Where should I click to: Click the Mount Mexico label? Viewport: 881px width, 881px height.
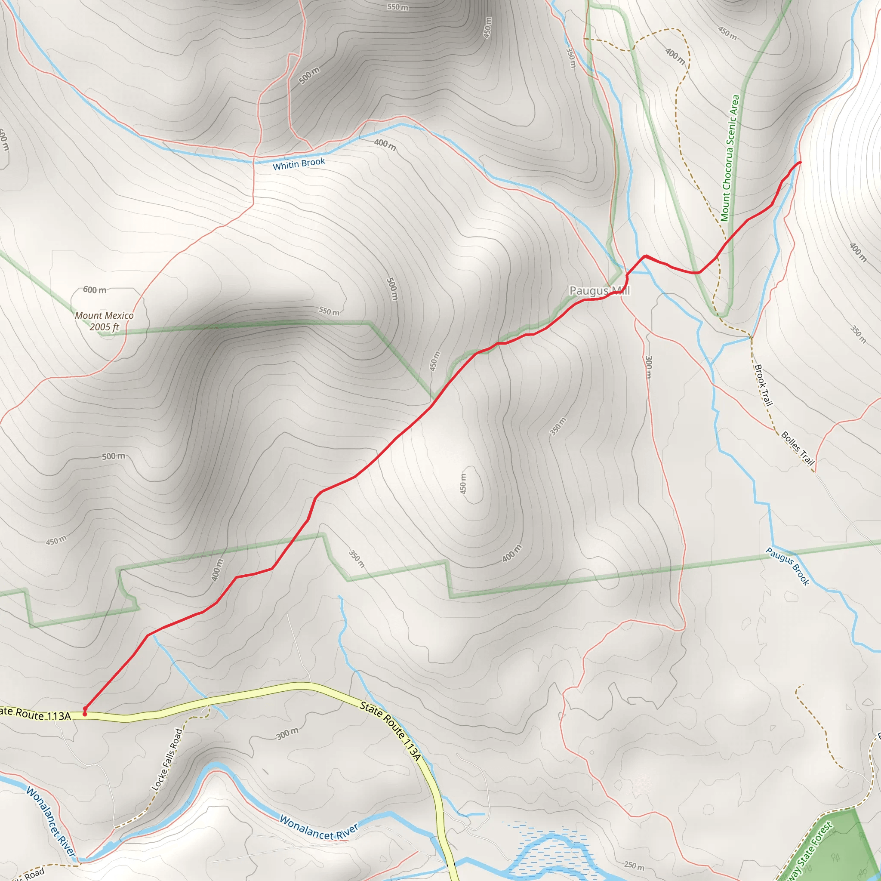[104, 316]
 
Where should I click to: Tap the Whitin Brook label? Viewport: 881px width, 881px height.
[299, 164]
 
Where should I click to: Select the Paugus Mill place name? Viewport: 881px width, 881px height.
[599, 290]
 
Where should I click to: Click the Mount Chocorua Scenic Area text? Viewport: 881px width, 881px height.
[730, 158]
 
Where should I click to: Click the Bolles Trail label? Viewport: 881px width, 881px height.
[798, 448]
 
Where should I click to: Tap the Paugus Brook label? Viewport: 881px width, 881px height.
[788, 567]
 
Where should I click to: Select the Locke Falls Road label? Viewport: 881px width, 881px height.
[167, 759]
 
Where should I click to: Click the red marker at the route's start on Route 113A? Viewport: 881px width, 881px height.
[85, 714]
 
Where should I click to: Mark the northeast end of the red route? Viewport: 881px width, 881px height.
[800, 162]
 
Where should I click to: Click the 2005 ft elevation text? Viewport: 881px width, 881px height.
[104, 327]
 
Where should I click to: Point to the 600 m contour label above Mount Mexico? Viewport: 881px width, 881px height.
[94, 290]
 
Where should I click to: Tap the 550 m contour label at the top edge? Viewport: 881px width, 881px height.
[397, 7]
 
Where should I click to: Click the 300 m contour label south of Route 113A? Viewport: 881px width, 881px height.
[287, 734]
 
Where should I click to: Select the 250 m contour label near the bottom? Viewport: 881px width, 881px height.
[634, 865]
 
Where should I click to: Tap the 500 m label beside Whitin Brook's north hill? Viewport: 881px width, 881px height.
[310, 75]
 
